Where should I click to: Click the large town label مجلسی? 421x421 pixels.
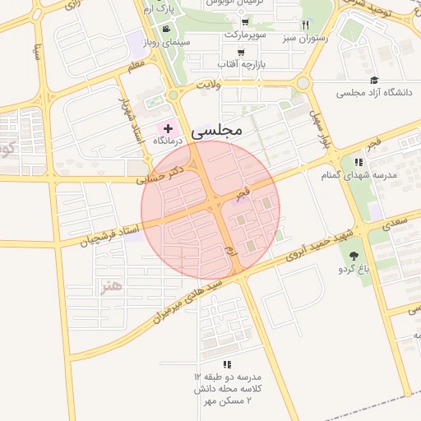[x=216, y=131]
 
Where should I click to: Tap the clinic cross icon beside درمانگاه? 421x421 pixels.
[x=169, y=128]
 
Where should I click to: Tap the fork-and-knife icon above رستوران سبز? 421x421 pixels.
[x=306, y=25]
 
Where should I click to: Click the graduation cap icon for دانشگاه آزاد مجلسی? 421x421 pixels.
[x=375, y=81]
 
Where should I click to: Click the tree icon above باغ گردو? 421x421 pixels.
[x=354, y=256]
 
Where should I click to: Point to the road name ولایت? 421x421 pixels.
[x=210, y=84]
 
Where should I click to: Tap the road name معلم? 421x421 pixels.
[x=136, y=63]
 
